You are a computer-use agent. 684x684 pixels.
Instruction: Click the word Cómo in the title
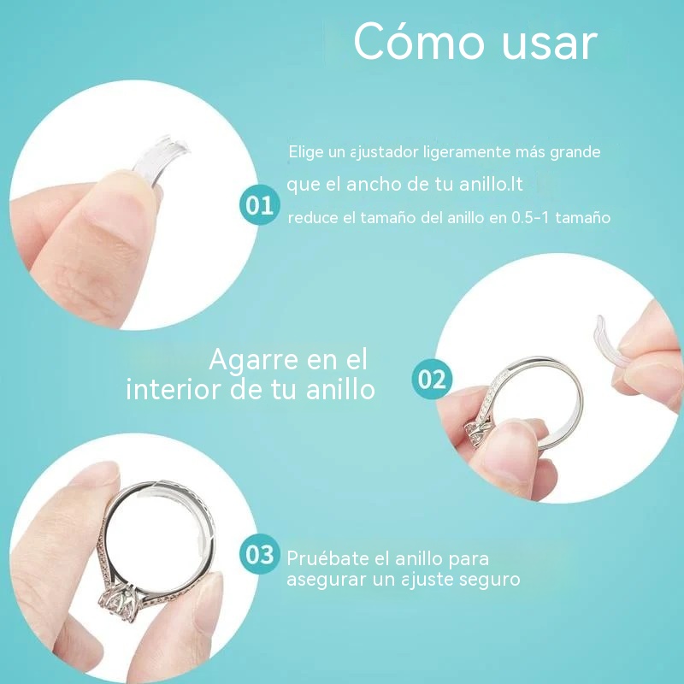coord(419,41)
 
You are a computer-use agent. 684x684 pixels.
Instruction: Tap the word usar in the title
coord(550,44)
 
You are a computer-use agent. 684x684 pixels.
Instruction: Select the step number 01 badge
coord(260,205)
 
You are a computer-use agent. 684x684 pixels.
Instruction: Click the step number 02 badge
coord(432,379)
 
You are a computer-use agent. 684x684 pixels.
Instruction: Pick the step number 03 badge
coord(260,554)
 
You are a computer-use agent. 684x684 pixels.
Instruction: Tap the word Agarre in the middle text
coord(254,361)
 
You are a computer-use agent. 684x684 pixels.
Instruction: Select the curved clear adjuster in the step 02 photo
coord(609,343)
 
